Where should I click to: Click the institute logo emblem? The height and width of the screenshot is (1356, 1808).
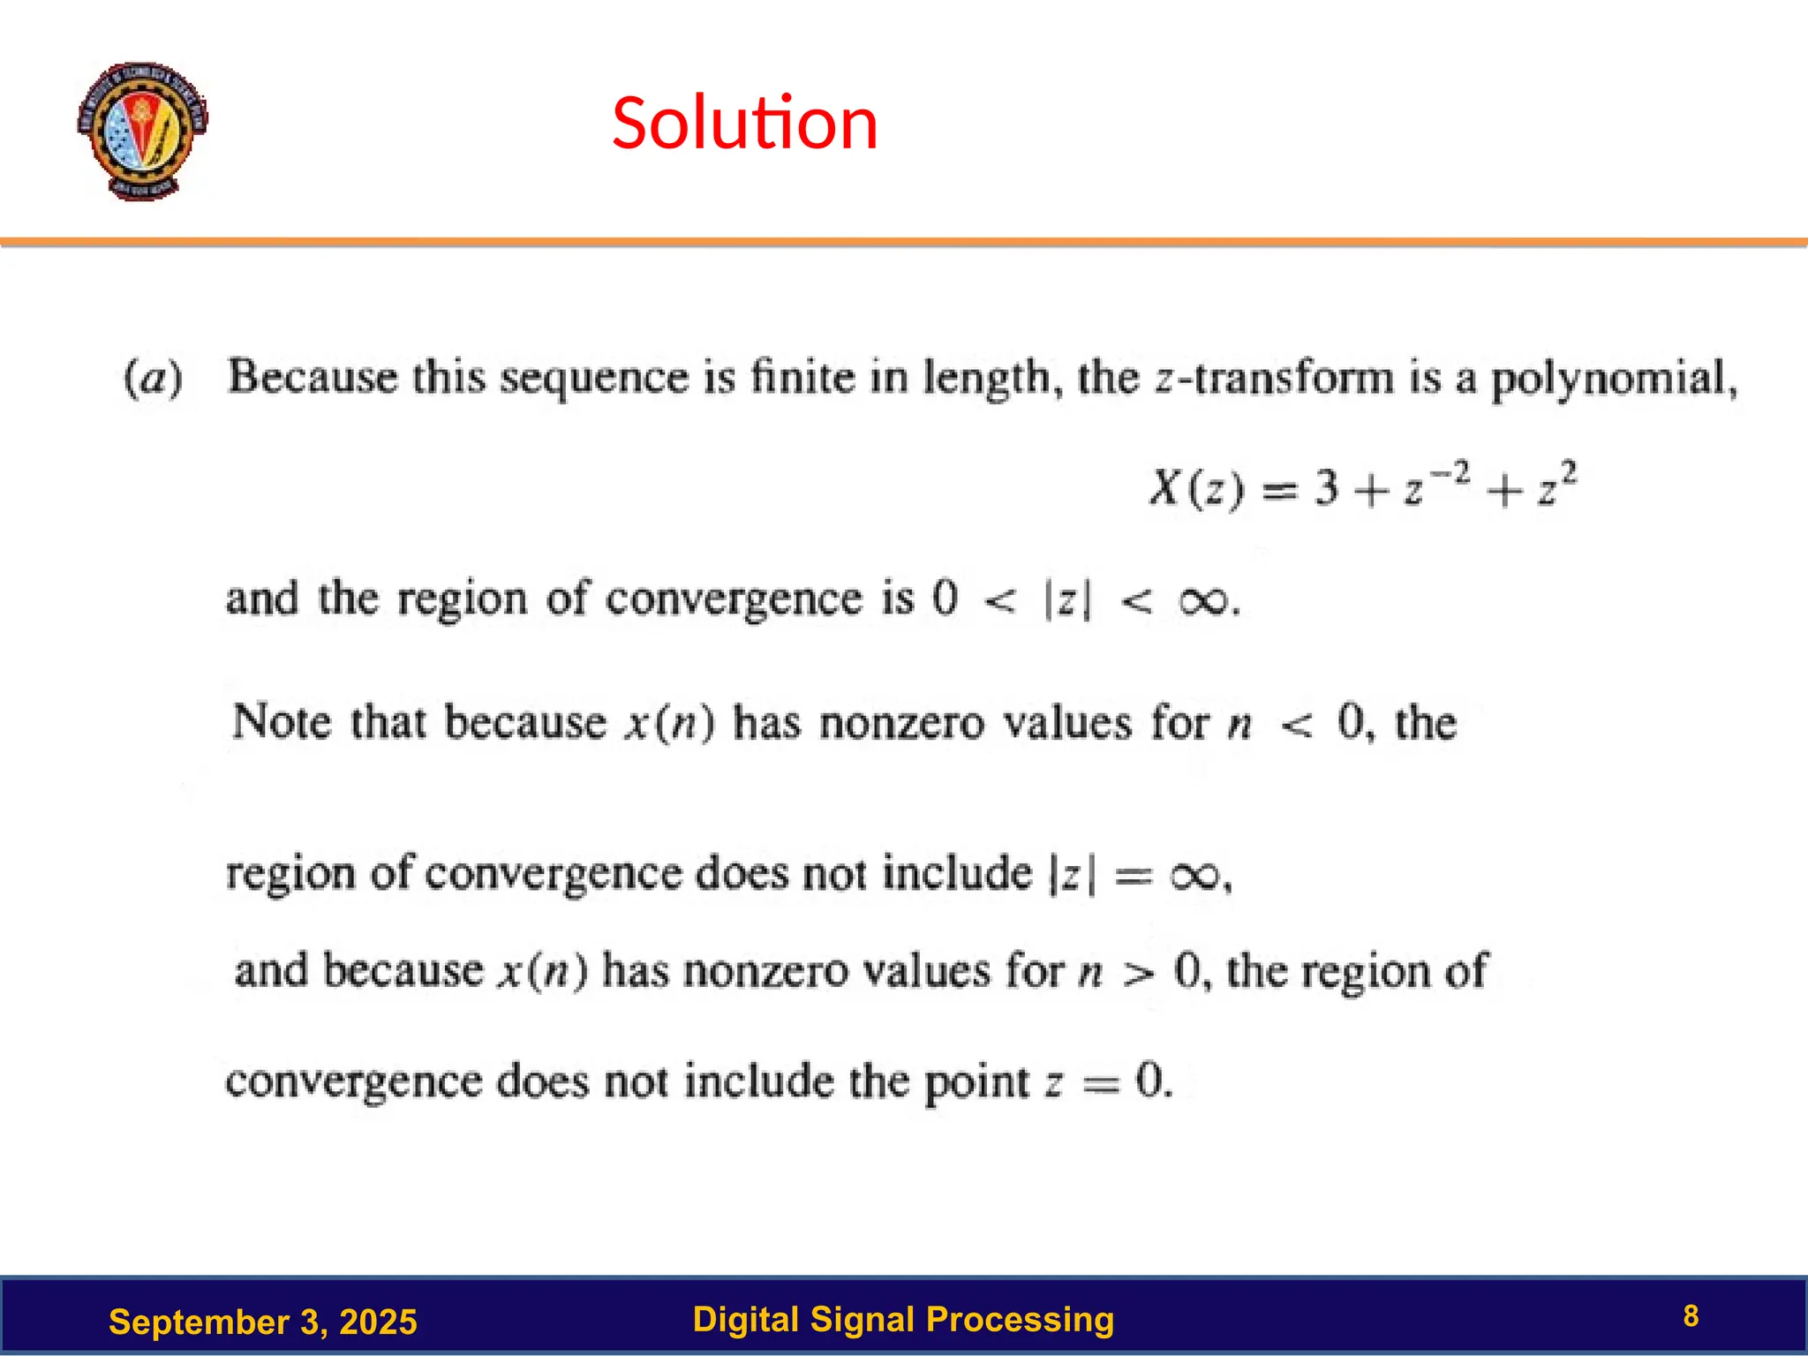coord(142,131)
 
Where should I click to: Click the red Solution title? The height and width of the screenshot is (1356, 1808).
coord(744,123)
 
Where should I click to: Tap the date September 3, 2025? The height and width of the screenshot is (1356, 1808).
coord(262,1322)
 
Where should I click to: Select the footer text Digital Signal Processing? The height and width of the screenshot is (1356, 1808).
coord(903,1319)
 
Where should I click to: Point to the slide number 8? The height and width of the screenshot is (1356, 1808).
coord(1691,1316)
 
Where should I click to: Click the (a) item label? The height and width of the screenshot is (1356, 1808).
coord(153,378)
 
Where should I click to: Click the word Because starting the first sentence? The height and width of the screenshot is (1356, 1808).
coord(313,377)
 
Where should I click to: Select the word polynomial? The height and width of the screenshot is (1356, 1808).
coord(1614,380)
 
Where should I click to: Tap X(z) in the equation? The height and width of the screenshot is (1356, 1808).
coord(1196,488)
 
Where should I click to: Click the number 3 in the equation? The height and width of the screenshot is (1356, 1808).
coord(1326,488)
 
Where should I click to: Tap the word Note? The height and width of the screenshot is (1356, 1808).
coord(282,721)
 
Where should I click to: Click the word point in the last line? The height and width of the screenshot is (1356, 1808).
coord(976,1082)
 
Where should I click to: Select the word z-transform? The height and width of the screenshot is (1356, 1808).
coord(1275,378)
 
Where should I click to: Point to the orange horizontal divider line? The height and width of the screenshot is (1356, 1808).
coord(904,241)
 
